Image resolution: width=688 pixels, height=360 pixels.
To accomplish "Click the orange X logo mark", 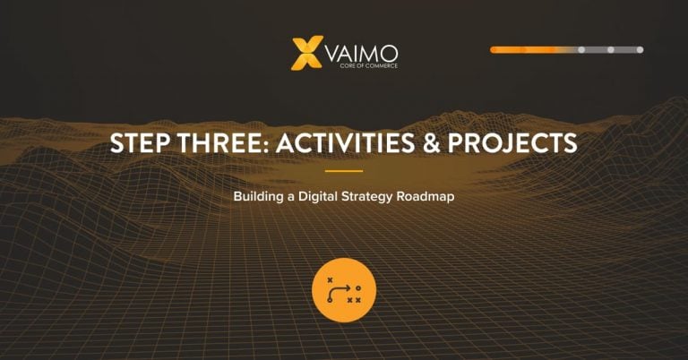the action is (x=306, y=53).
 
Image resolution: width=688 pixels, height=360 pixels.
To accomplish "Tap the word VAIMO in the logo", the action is (x=362, y=54).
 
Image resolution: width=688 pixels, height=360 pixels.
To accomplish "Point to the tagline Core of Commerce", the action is (x=368, y=65).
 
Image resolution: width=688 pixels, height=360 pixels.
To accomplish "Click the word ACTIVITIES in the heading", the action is (x=345, y=143).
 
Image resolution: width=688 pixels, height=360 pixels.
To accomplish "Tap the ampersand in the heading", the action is (x=431, y=143).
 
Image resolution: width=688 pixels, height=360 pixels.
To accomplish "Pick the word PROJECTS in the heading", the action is (x=512, y=143).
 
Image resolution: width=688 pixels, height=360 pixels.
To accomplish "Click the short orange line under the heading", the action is (x=344, y=171).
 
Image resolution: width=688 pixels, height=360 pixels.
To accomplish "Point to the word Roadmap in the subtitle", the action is (x=426, y=196).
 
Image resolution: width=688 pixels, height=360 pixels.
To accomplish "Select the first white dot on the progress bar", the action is (x=581, y=50).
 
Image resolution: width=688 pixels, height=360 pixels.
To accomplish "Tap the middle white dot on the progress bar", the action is (x=611, y=50).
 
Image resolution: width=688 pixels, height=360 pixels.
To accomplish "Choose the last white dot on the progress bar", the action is (x=641, y=50).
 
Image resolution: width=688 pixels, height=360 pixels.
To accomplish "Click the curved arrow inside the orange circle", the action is (x=333, y=291).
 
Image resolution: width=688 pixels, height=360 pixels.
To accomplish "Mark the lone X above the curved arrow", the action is (x=330, y=279).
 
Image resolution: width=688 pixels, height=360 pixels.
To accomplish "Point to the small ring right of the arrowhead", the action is (x=358, y=288).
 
